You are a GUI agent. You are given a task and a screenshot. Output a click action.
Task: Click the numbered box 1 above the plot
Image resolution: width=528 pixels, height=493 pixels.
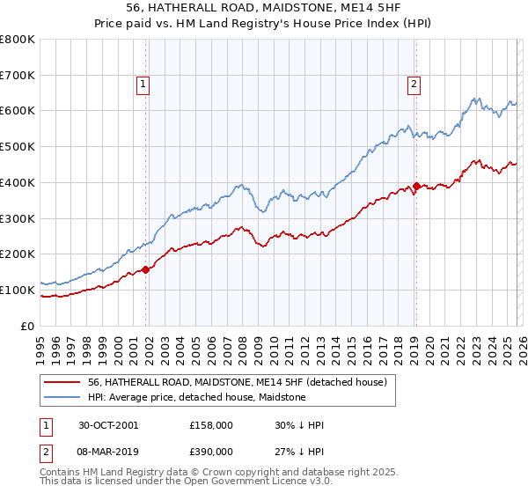coord(143,85)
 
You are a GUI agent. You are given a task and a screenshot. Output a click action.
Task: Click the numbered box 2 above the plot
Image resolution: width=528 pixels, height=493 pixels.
coord(414,85)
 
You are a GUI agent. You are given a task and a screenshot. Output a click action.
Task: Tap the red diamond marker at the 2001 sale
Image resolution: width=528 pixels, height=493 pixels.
coord(146,269)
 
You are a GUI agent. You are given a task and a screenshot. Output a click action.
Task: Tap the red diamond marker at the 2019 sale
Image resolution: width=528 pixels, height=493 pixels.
coord(416,187)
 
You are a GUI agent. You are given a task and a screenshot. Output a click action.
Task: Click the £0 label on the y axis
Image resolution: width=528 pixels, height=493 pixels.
coord(28,326)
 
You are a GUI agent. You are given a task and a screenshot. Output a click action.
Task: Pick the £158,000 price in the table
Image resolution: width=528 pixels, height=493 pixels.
coord(210,425)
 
